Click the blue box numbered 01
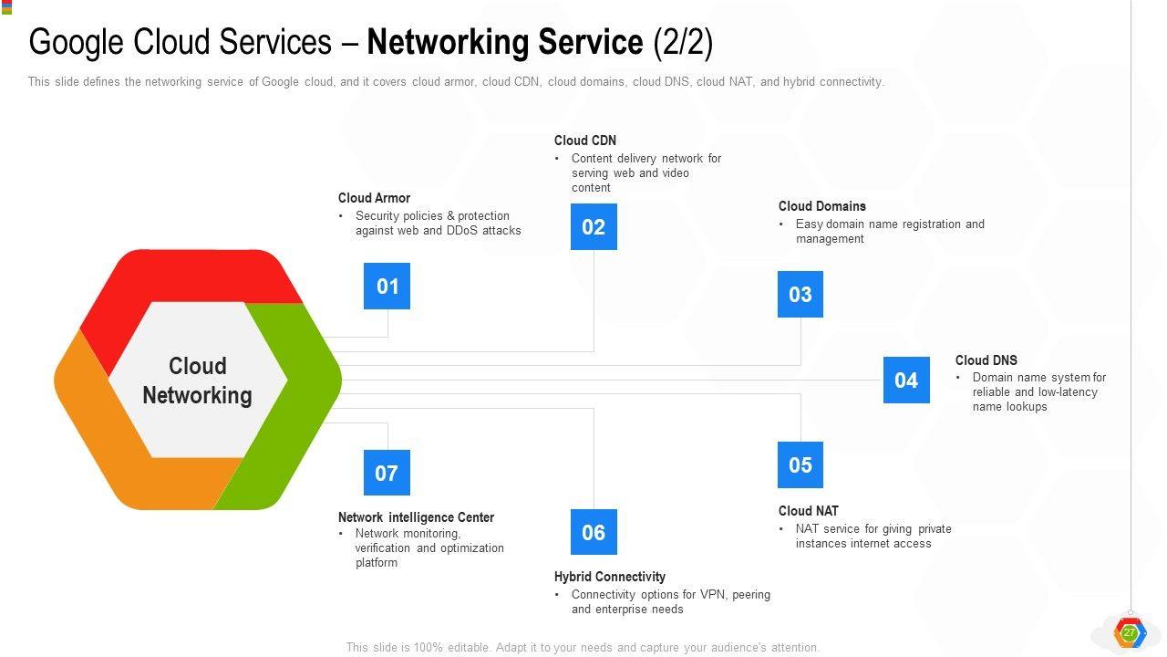pos(387,287)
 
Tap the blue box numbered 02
pos(594,226)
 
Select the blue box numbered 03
pos(800,294)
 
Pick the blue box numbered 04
pos(906,380)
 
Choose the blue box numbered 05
pos(800,464)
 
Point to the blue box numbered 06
pos(594,532)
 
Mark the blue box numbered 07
pos(387,473)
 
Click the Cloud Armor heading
pos(374,198)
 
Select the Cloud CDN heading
pos(585,141)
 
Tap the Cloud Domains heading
pos(821,206)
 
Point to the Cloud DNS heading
pos(986,360)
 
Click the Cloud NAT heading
pos(808,511)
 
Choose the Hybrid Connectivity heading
pos(609,577)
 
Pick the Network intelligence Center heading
pos(416,517)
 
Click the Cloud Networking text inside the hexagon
pos(197,381)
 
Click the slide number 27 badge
pos(1130,632)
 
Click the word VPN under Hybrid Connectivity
pos(712,595)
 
